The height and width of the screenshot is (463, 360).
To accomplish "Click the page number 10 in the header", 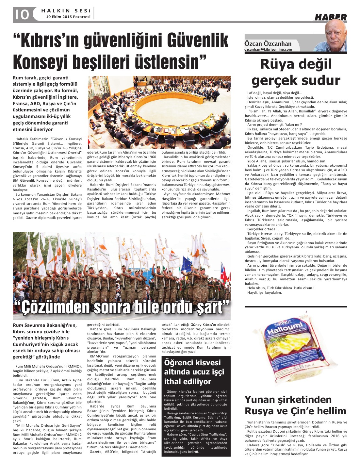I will point(21,15).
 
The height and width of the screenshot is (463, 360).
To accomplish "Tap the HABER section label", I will point(330,17).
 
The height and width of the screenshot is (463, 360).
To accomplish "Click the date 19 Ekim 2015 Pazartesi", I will point(68,17).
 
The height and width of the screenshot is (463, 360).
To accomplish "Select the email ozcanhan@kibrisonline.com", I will point(268,49).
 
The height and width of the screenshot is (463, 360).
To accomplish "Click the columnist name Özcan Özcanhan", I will point(268,43).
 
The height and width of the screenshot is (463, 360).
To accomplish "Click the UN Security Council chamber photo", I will point(159,112).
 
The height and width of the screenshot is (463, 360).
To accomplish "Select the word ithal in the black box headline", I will point(173,382).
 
